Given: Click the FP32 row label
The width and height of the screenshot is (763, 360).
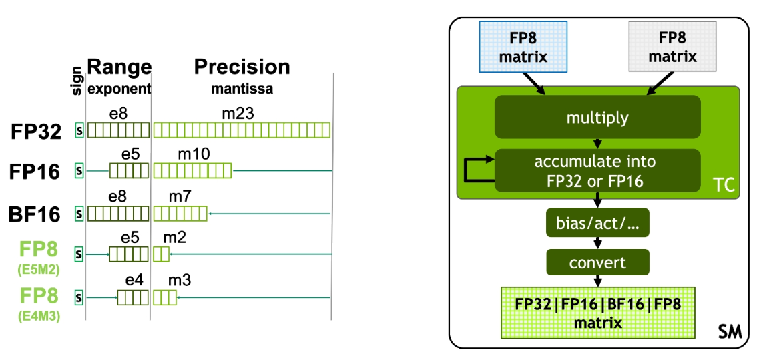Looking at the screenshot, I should tap(36, 130).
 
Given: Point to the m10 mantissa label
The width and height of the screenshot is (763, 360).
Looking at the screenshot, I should tap(194, 155).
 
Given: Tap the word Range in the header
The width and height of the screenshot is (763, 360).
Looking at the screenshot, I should tap(119, 67).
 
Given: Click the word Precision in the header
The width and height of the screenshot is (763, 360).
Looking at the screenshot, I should tap(242, 67).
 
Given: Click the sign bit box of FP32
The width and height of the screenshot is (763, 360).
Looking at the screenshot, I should tap(79, 130).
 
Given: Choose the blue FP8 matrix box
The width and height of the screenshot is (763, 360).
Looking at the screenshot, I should tap(523, 46).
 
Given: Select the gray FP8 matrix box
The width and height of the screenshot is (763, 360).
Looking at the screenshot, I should tap(672, 46).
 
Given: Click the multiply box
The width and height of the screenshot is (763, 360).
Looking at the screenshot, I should tap(597, 118).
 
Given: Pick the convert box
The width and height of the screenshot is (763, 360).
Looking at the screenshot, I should tap(597, 262).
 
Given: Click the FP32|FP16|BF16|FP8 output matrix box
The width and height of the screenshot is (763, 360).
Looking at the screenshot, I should tap(597, 313).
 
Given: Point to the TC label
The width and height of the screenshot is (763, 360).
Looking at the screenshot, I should tap(722, 185).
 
